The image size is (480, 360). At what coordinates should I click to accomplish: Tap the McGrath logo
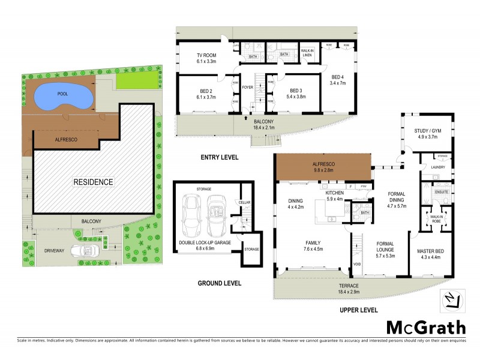pos(425,327)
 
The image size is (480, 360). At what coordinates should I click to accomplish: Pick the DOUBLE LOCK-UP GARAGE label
pos(204,242)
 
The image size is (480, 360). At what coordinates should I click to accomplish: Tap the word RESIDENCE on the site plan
pos(94,181)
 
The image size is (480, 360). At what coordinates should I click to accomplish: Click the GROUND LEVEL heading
pos(221,283)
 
